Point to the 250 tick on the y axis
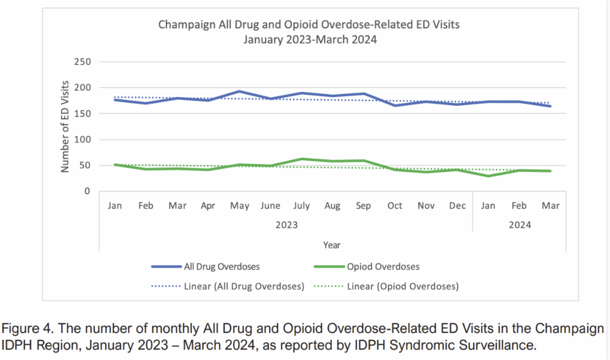(82, 62)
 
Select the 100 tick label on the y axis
(82, 139)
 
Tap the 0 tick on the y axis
(87, 191)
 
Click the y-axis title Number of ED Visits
(65, 126)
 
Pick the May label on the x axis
(239, 206)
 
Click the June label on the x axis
(270, 206)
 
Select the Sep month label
(363, 206)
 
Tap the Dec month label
(457, 206)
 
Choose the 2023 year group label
(286, 225)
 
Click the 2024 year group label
(520, 225)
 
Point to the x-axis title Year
(331, 245)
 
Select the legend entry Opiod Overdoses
(383, 266)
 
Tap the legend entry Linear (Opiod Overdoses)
(403, 286)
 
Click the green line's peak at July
(302, 159)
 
